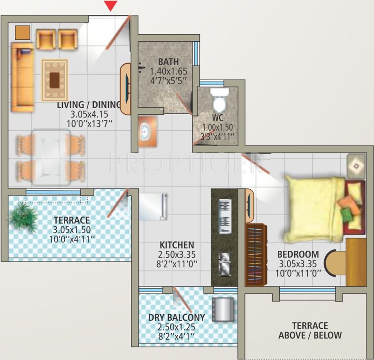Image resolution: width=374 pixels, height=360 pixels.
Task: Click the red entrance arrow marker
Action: tap(110, 6)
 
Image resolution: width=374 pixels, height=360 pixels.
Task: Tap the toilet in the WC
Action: tap(218, 98)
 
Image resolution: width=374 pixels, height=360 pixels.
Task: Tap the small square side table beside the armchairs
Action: tap(22, 32)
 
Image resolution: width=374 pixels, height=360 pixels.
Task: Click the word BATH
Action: tap(168, 62)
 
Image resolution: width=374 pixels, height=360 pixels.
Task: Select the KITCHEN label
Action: tap(176, 245)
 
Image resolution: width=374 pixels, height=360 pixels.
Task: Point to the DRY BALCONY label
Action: tap(176, 317)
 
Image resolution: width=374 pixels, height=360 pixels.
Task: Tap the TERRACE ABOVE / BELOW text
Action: tap(310, 330)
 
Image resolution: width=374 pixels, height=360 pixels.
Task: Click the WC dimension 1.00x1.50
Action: tap(217, 127)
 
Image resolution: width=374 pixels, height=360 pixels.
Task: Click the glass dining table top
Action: tap(51, 154)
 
